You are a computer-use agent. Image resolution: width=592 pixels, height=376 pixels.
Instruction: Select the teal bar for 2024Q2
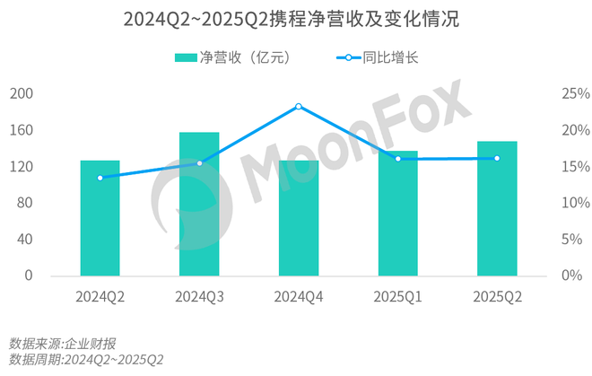point(100,218)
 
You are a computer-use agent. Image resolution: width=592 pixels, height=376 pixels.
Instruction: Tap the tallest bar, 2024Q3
point(199,204)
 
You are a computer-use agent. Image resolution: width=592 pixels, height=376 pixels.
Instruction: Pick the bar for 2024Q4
point(299,218)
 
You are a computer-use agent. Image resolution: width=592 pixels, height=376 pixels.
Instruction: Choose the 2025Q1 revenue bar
point(397,214)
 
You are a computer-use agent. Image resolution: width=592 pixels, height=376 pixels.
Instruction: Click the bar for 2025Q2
point(497,208)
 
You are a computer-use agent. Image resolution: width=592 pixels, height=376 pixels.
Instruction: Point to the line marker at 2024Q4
point(299,106)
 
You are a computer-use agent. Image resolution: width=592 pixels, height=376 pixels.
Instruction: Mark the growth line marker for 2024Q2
point(100,178)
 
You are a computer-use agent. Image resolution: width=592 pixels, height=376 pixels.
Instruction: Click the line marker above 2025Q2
point(497,158)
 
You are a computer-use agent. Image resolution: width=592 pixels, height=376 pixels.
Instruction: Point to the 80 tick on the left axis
point(23,203)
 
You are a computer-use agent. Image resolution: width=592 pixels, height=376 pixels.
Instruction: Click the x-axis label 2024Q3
point(199,297)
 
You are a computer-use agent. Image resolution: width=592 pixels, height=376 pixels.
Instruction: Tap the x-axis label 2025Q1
point(397,297)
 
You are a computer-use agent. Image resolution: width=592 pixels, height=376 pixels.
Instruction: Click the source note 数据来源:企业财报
point(62,343)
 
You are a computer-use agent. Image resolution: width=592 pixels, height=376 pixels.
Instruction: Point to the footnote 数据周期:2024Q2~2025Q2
point(87,360)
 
